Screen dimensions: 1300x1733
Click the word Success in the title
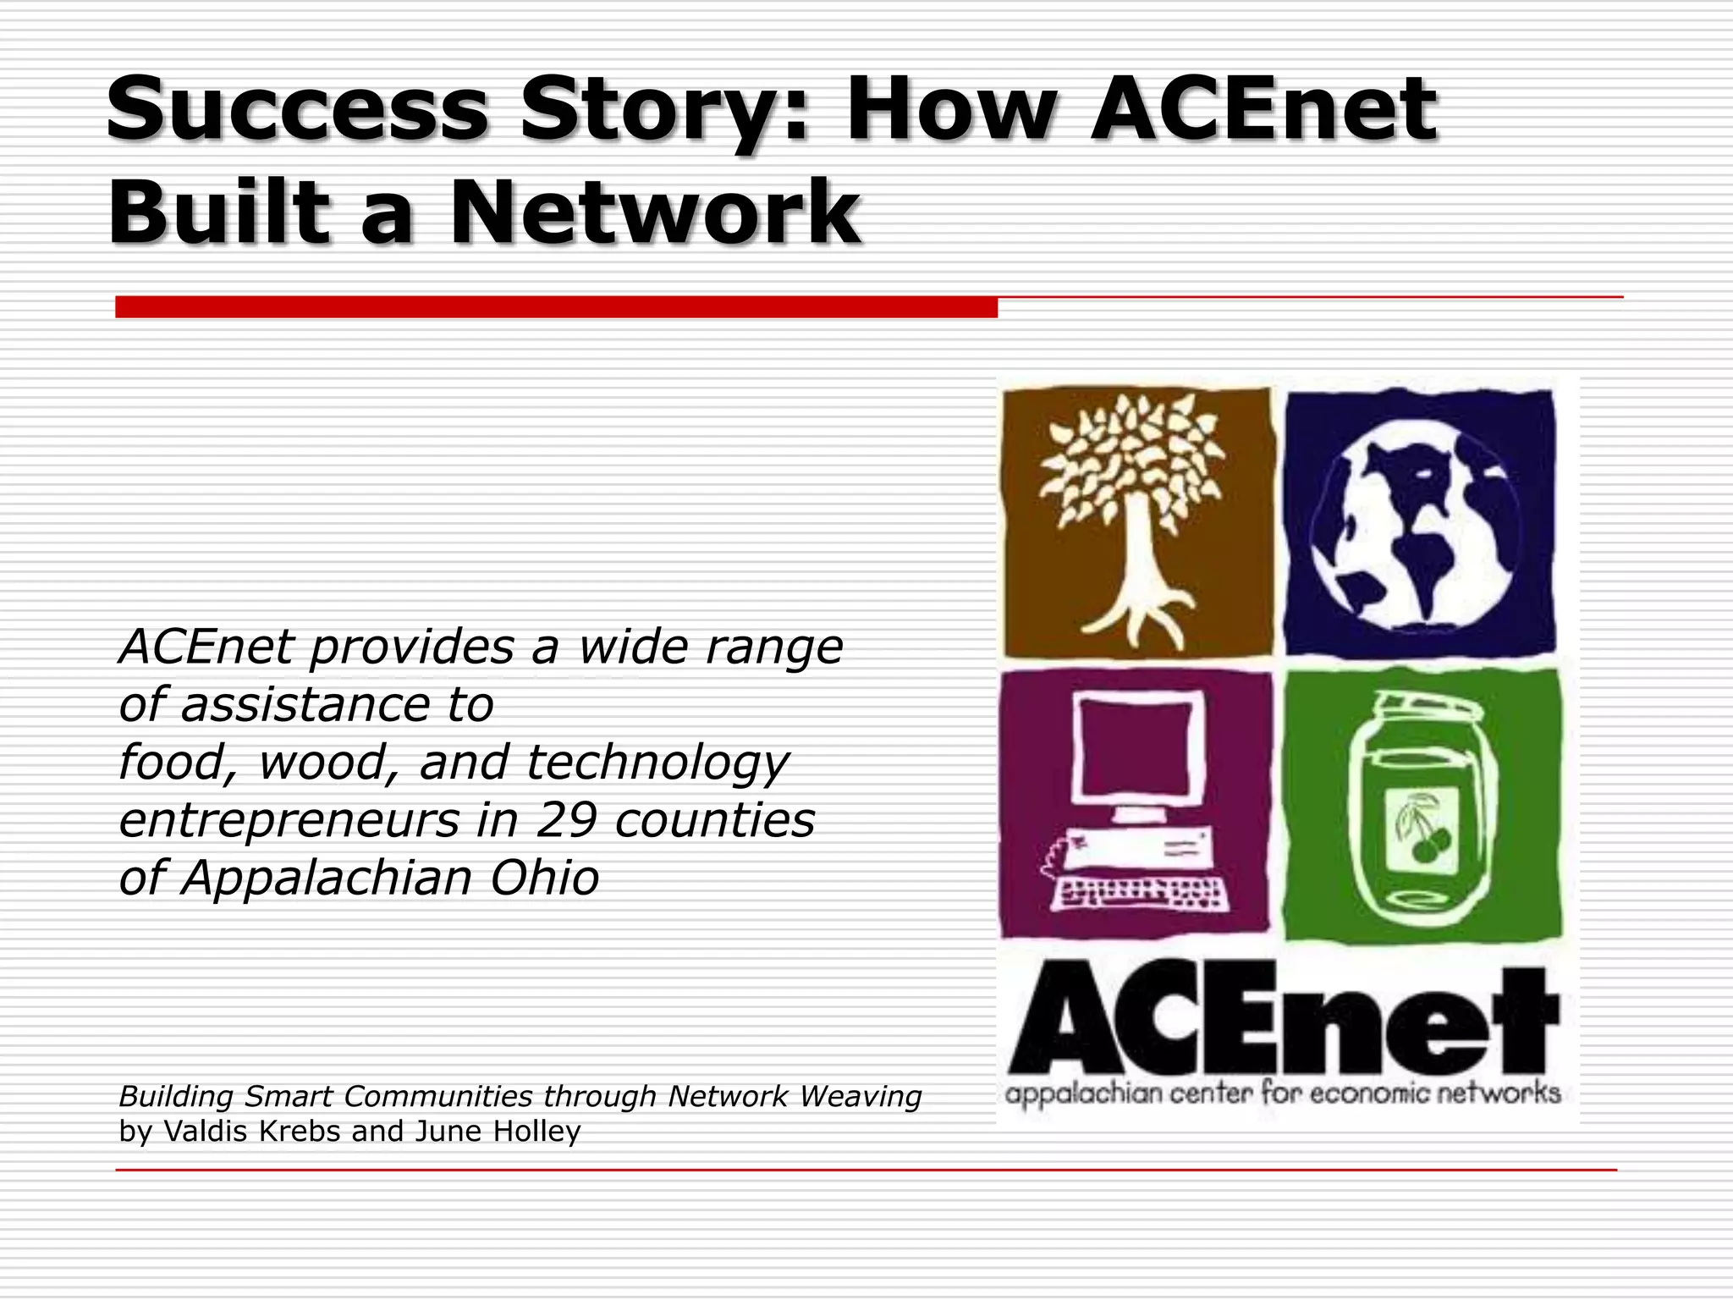296,110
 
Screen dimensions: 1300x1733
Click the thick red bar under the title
556,307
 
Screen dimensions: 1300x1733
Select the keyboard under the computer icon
1142,893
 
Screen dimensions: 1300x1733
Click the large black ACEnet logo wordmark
1282,1020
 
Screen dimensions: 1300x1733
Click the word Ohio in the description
544,878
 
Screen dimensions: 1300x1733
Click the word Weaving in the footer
860,1097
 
